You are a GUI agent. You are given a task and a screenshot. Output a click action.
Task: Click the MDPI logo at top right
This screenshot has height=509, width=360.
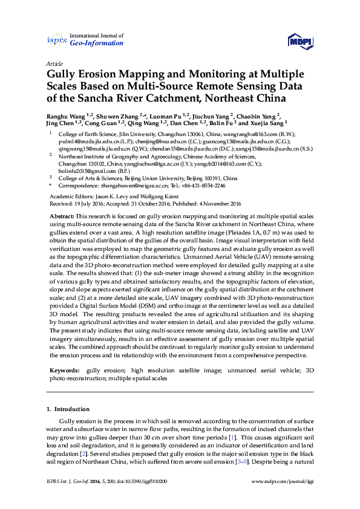pyautogui.click(x=297, y=41)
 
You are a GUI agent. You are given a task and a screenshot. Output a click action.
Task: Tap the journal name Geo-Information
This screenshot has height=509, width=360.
pyautogui.click(x=97, y=44)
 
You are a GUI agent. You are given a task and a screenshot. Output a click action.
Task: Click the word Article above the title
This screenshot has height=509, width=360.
pyautogui.click(x=54, y=63)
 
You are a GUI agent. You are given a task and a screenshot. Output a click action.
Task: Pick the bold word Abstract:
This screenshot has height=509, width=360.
pyautogui.click(x=62, y=216)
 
